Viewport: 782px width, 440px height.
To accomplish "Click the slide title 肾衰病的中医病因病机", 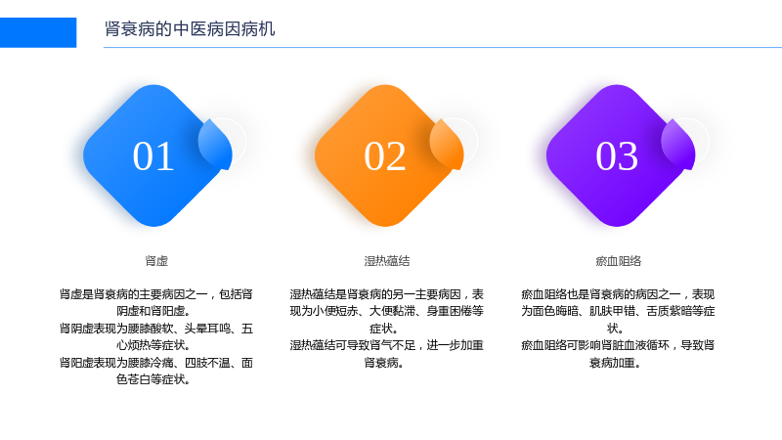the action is pyautogui.click(x=190, y=29).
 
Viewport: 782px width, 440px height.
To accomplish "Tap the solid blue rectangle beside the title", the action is pyautogui.click(x=38, y=32).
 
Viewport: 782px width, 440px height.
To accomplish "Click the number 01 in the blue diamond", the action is pyautogui.click(x=153, y=156).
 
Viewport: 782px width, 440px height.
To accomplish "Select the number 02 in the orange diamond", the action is pyautogui.click(x=384, y=156).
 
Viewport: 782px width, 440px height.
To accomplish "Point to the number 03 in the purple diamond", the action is pyautogui.click(x=617, y=156).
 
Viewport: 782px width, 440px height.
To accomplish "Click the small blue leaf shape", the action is pyautogui.click(x=215, y=144).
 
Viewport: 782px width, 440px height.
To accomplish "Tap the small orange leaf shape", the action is pyautogui.click(x=447, y=144).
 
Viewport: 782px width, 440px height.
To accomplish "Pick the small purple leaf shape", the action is pyautogui.click(x=678, y=144).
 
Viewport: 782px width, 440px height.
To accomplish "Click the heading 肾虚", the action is pyautogui.click(x=156, y=261).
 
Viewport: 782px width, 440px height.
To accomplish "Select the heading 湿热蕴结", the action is pyautogui.click(x=387, y=261).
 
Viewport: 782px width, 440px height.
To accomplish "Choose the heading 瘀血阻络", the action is pyautogui.click(x=619, y=261).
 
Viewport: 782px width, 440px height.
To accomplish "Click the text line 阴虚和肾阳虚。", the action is pyautogui.click(x=153, y=311).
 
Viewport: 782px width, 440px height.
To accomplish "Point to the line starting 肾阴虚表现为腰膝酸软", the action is pyautogui.click(x=156, y=329).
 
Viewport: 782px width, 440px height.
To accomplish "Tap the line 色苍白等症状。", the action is pyautogui.click(x=153, y=379).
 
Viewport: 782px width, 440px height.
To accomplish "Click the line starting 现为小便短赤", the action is pyautogui.click(x=387, y=311).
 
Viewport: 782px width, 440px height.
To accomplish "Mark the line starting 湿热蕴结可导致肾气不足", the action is pyautogui.click(x=387, y=345).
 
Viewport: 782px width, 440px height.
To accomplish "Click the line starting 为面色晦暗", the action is pyautogui.click(x=619, y=311).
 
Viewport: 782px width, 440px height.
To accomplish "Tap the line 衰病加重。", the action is pyautogui.click(x=616, y=363).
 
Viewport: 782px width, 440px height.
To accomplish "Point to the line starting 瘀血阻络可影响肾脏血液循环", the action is pyautogui.click(x=619, y=345).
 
